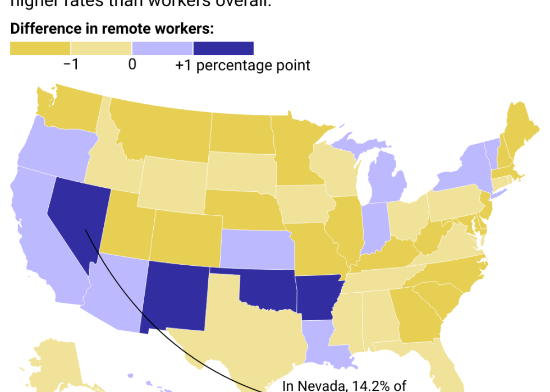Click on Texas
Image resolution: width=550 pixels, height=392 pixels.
(x=247, y=331)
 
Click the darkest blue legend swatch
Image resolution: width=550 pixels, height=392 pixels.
(x=223, y=48)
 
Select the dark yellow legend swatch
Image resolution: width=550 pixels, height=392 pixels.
(x=40, y=48)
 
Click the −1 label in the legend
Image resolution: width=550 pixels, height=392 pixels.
(x=71, y=64)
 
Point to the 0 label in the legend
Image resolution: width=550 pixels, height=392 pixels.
(x=132, y=64)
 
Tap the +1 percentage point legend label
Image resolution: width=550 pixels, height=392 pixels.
(x=242, y=65)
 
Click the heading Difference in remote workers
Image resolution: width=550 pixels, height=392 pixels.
(x=112, y=29)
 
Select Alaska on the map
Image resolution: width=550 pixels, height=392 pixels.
(x=53, y=365)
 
